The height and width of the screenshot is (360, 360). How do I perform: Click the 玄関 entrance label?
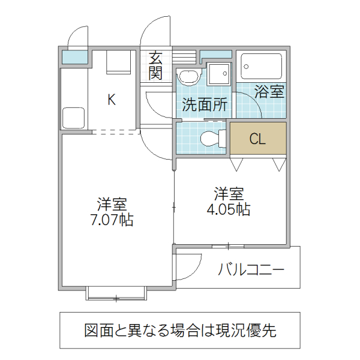(156, 66)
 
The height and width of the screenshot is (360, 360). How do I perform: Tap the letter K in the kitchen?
(112, 100)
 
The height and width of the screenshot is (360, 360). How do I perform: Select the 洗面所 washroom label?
(205, 105)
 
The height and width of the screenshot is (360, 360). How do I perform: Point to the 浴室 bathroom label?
(269, 92)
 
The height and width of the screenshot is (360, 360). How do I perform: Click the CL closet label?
(257, 140)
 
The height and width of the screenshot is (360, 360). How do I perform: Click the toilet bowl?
(211, 138)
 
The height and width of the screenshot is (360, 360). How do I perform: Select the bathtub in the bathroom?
(260, 66)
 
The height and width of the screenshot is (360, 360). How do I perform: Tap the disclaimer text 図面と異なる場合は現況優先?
(179, 330)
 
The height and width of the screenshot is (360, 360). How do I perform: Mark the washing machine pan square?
(218, 74)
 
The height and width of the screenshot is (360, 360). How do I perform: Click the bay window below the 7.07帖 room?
(116, 293)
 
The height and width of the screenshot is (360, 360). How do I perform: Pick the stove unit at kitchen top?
(119, 62)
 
